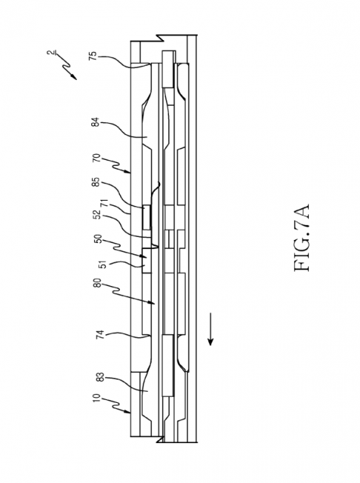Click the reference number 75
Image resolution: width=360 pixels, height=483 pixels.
(x=93, y=56)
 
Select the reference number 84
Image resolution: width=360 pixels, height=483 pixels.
(x=95, y=122)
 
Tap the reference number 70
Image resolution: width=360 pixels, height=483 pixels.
(x=97, y=158)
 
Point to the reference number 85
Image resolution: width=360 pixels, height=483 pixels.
(x=96, y=182)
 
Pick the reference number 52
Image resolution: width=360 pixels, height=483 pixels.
(x=97, y=214)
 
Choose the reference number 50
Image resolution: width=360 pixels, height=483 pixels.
(x=98, y=239)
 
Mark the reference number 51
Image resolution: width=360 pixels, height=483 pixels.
(x=104, y=264)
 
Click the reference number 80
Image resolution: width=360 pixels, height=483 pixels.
(x=98, y=283)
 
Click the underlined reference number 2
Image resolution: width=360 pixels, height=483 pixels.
(x=50, y=53)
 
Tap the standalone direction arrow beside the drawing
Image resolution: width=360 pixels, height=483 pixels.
(x=211, y=329)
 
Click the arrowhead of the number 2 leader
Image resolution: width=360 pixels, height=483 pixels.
(x=74, y=77)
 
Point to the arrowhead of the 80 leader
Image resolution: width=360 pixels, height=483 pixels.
(x=152, y=303)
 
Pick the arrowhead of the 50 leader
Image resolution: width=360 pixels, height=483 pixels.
(x=143, y=256)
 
